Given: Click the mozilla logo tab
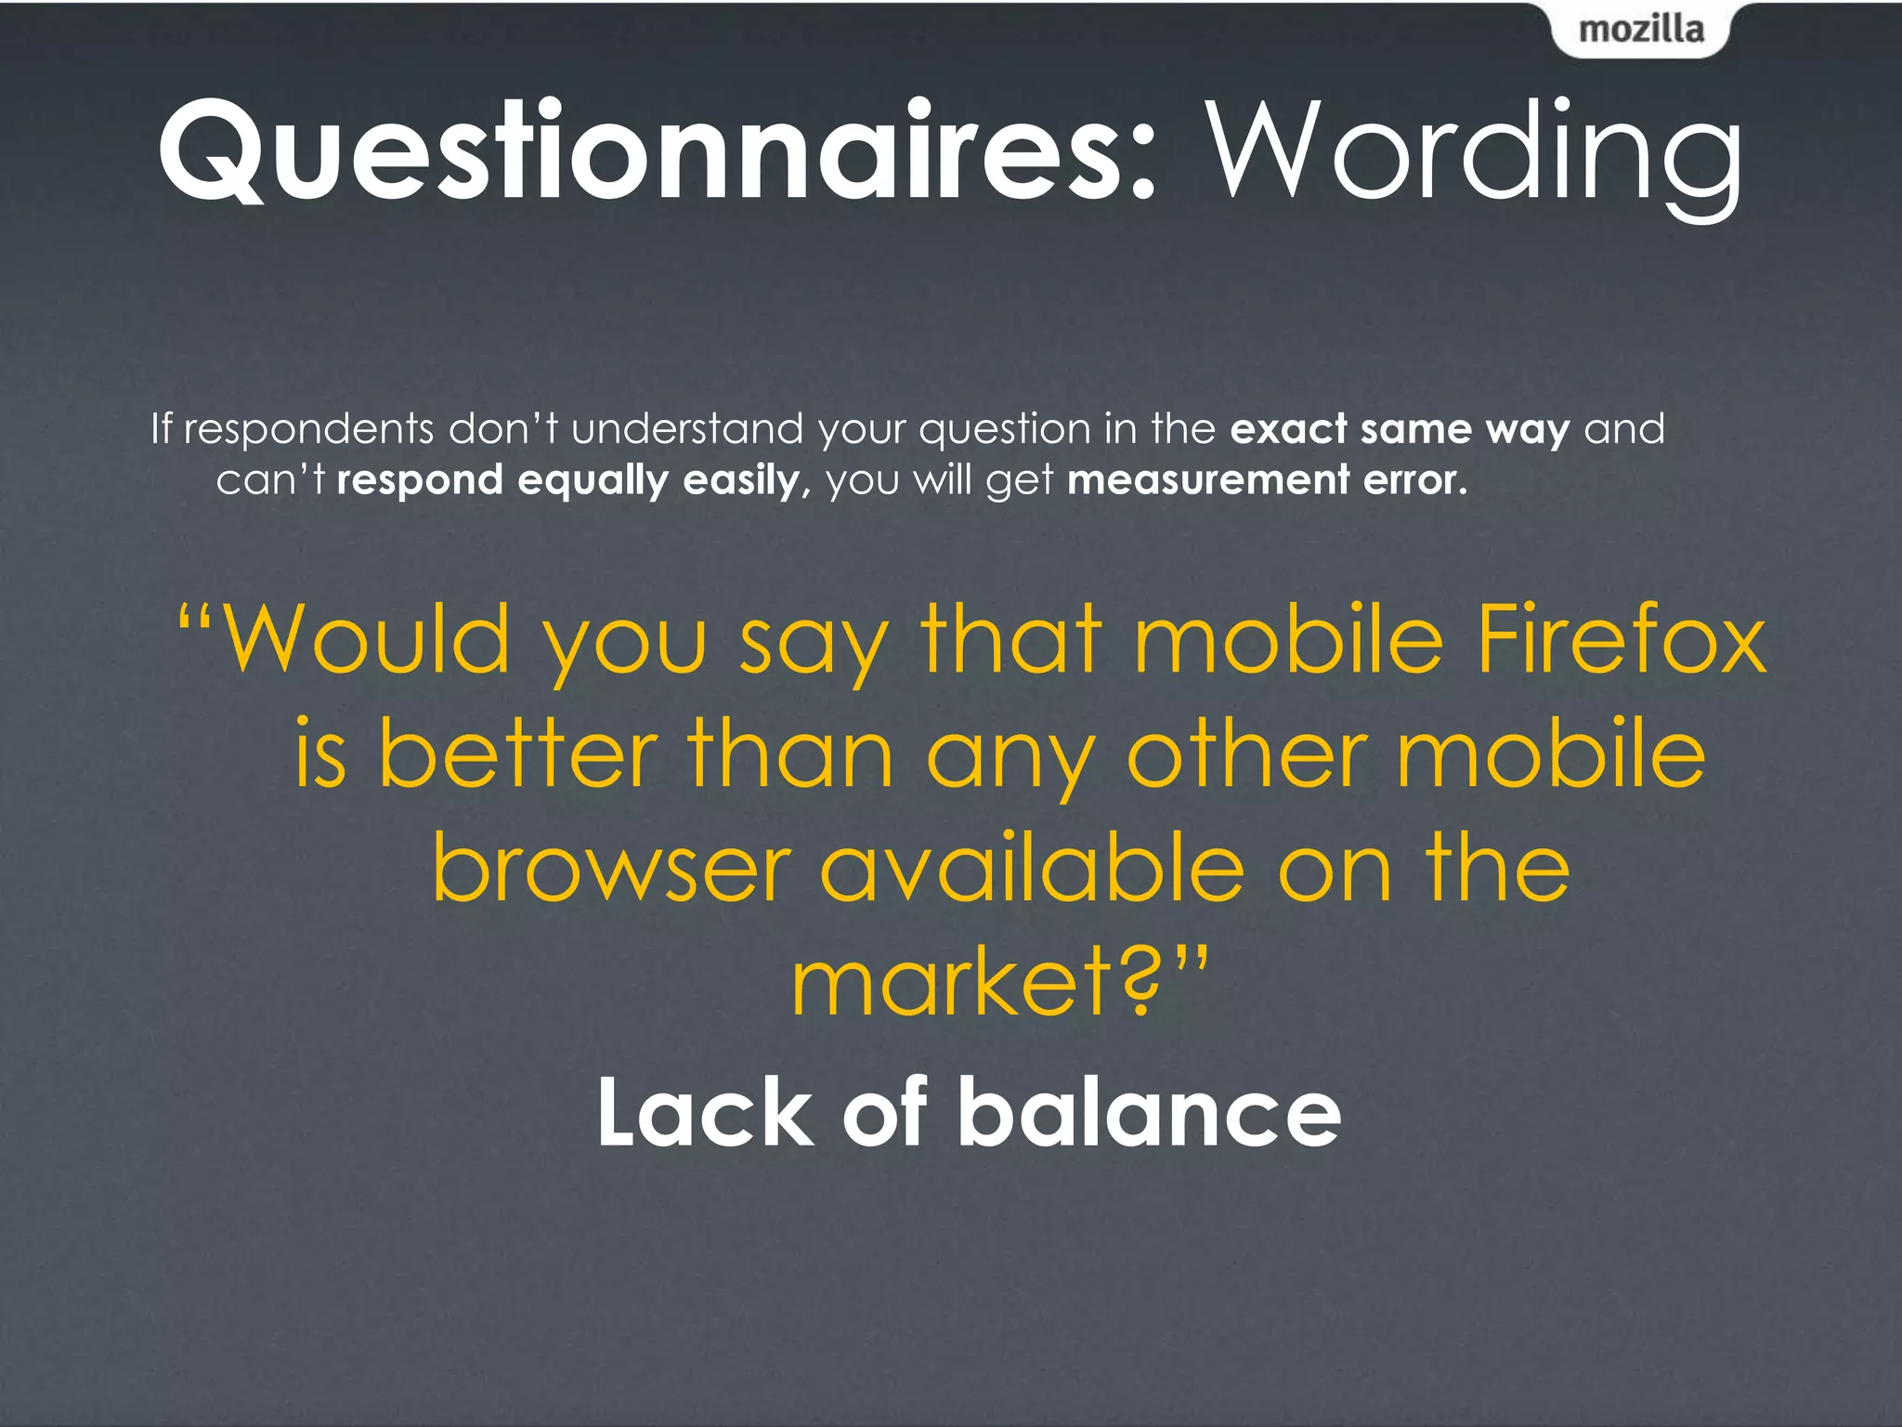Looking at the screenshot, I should (x=1641, y=30).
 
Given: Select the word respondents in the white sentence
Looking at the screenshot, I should (x=308, y=429).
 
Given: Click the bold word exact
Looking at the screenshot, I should (x=1289, y=429).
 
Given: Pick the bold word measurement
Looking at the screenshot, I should (x=1208, y=480).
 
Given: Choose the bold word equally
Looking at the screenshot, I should (x=593, y=481).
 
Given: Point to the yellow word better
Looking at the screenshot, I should (x=518, y=754).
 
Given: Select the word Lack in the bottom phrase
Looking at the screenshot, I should (x=705, y=1112).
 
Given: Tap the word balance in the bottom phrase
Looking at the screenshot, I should (x=1149, y=1112).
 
